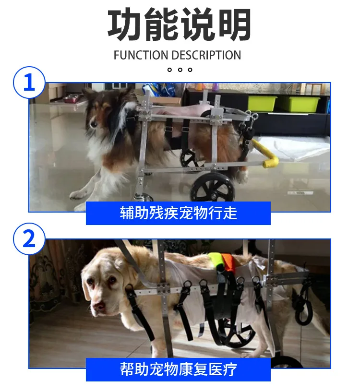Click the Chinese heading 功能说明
coord(180,24)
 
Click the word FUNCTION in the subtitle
coord(141,55)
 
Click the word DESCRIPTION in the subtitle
coord(206,55)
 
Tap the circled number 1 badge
coord(29,82)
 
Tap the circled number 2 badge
coord(29,239)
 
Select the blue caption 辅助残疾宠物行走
coord(178,213)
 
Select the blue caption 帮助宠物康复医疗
coord(178,369)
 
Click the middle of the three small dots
coord(180,70)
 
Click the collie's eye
coord(94,124)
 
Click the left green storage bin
coord(262,103)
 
